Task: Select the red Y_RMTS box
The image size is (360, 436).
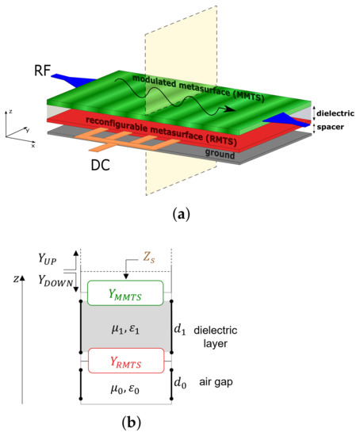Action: pyautogui.click(x=127, y=360)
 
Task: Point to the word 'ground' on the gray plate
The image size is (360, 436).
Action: pyautogui.click(x=219, y=155)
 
